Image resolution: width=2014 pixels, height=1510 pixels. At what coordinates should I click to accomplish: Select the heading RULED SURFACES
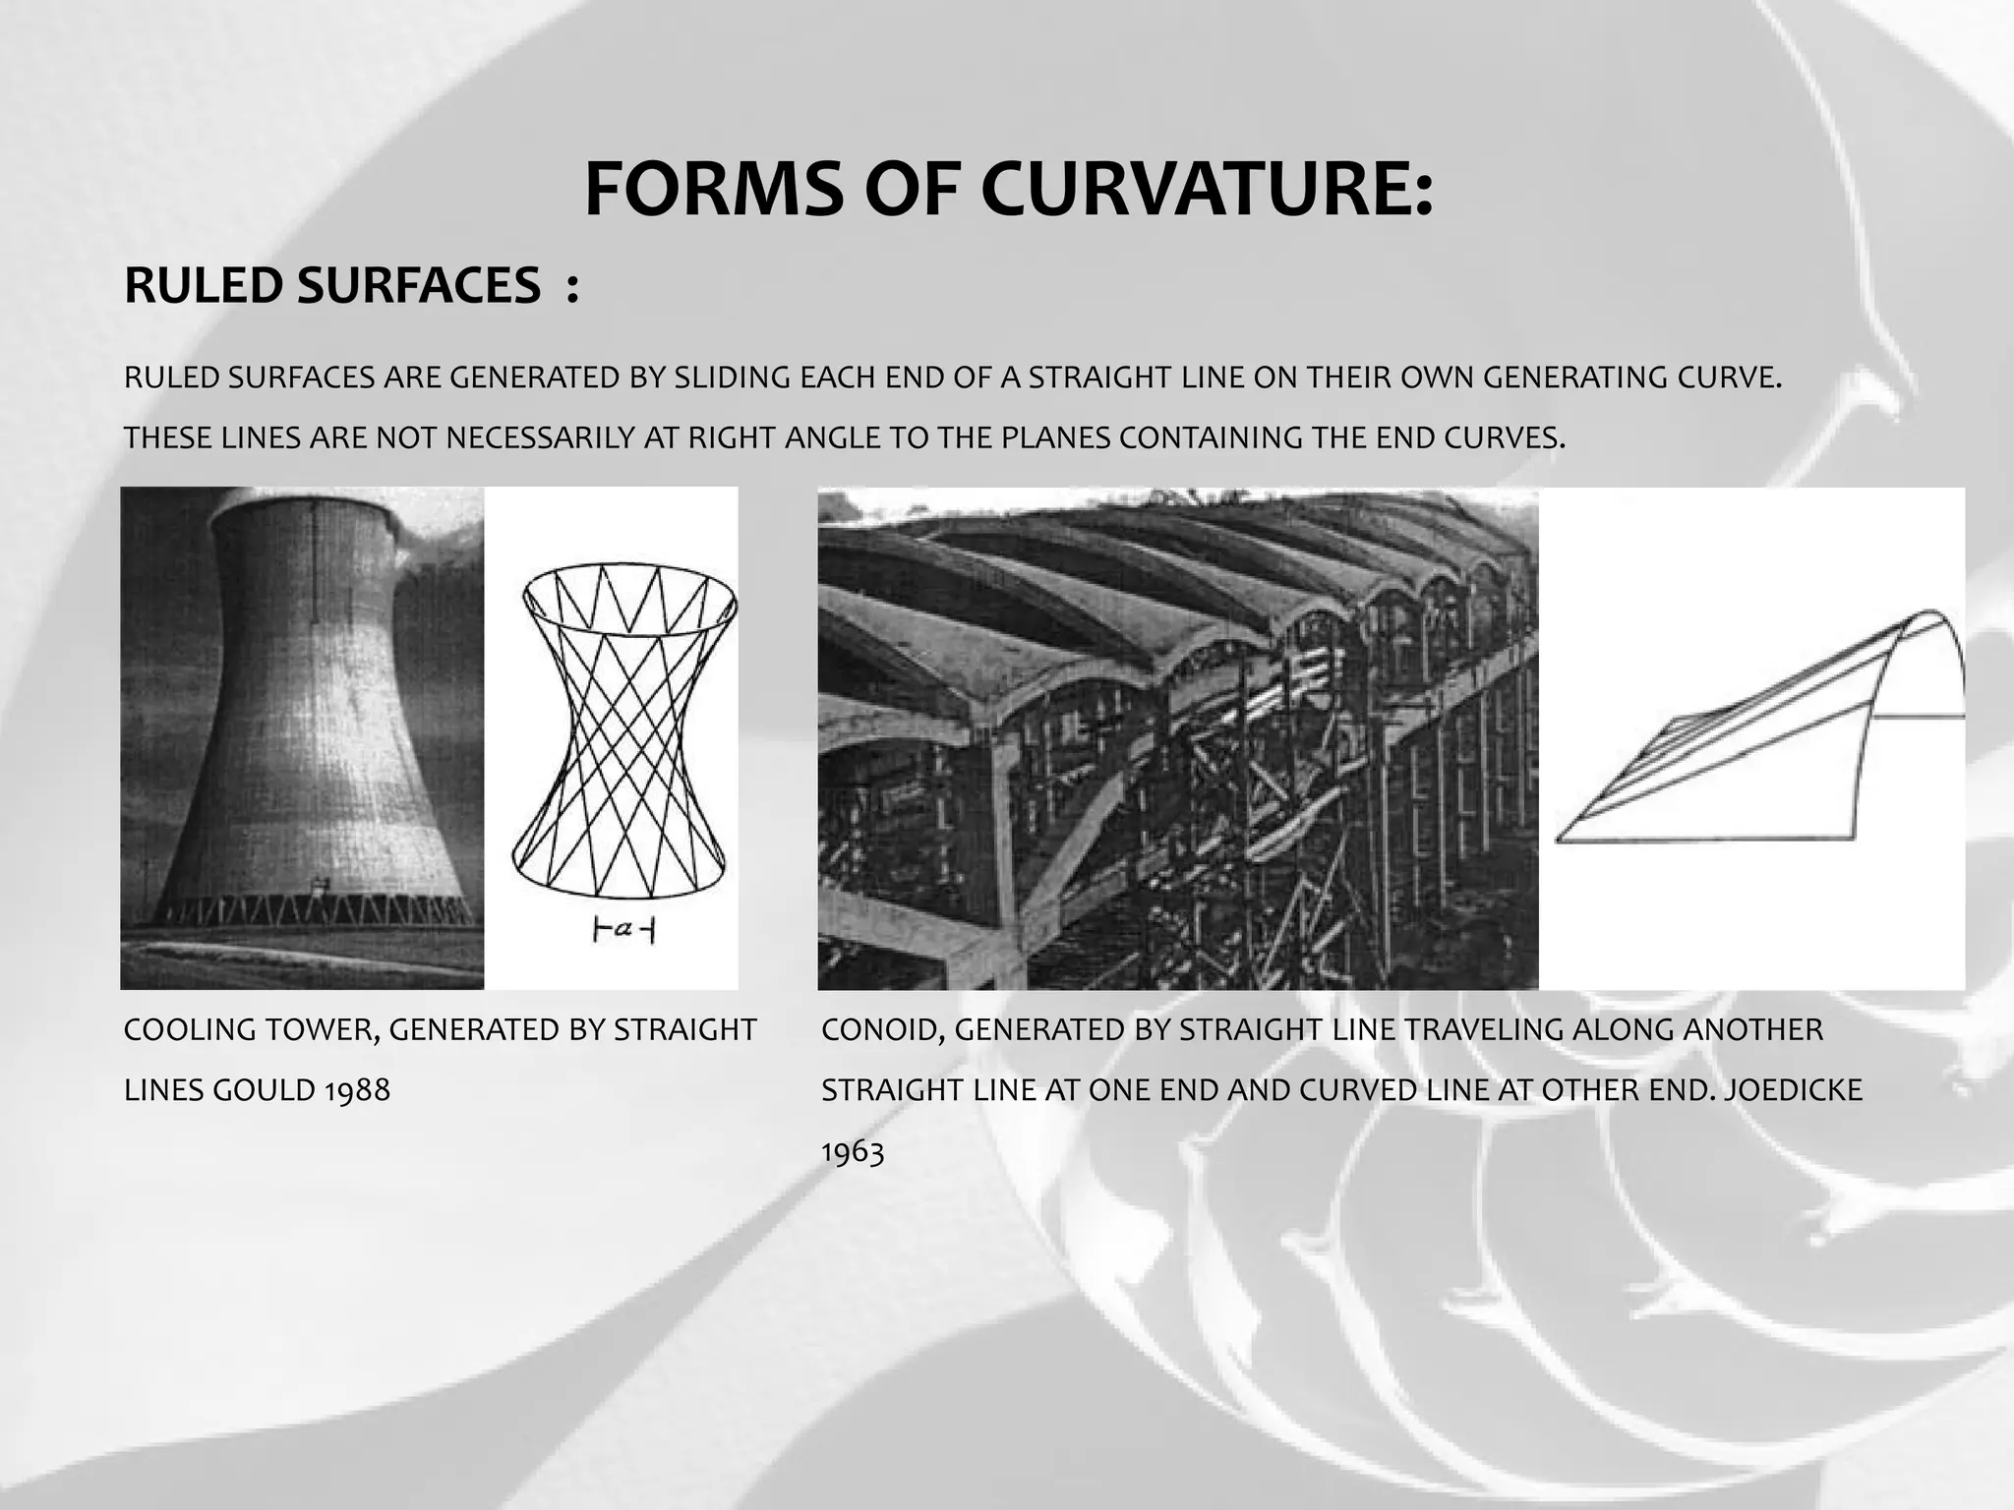[332, 286]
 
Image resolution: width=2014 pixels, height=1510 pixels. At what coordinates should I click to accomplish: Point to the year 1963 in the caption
[853, 1151]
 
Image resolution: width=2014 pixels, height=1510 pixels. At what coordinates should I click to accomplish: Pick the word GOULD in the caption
[261, 1090]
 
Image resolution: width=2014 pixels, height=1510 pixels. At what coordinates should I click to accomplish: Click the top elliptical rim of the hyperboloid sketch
[629, 567]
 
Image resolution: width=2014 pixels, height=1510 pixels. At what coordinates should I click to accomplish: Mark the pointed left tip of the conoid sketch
[1560, 840]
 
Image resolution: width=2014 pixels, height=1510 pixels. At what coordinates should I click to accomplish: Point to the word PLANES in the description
[1053, 438]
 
